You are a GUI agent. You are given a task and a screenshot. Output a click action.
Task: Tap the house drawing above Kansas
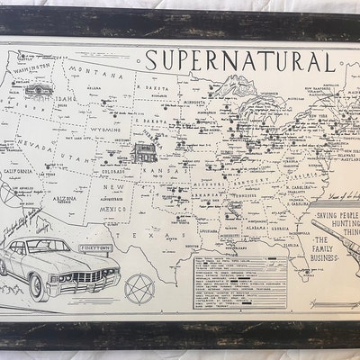(x=144, y=151)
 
